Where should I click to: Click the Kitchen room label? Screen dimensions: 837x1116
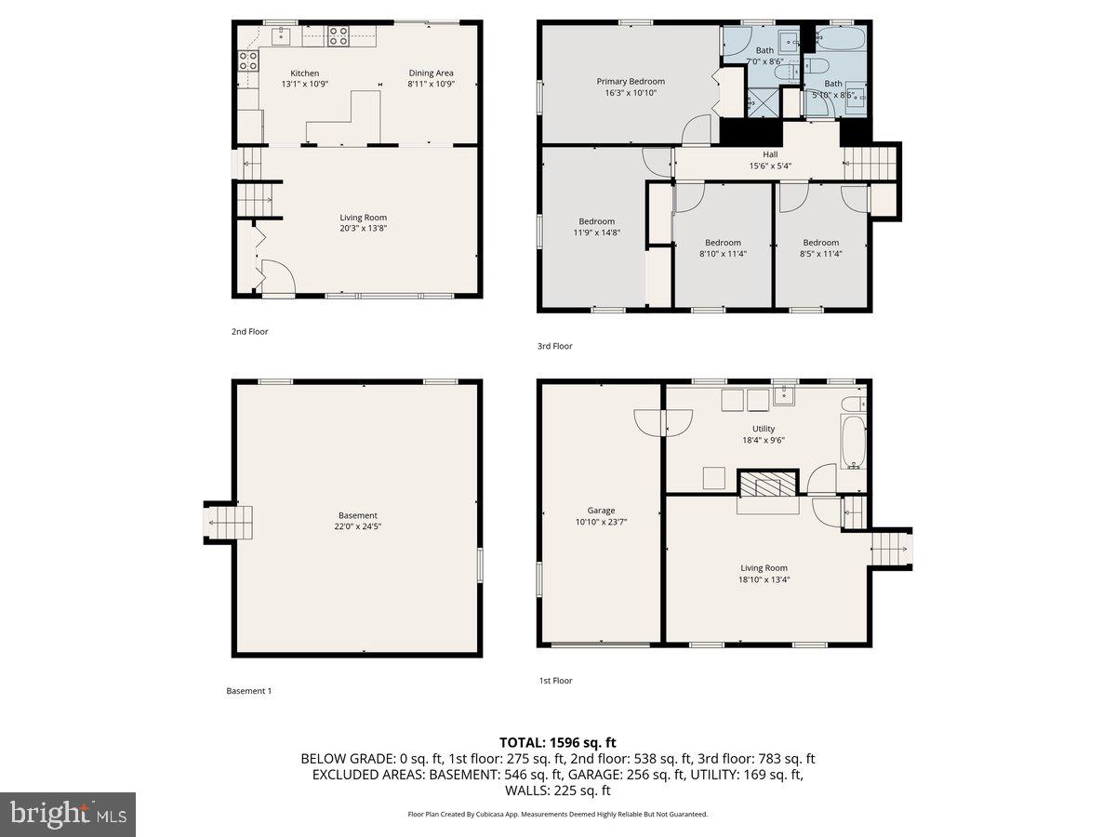[304, 73]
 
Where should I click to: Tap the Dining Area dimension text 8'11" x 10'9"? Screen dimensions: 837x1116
[431, 84]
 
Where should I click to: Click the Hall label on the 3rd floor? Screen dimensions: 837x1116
[770, 155]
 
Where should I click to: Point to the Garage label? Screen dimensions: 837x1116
[601, 511]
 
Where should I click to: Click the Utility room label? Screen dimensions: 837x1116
[764, 429]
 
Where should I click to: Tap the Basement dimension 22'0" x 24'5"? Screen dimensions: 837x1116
[358, 526]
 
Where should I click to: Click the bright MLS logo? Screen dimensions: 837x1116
[68, 815]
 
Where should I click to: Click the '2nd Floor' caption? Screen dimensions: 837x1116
[249, 331]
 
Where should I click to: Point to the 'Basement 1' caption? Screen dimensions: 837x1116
[248, 691]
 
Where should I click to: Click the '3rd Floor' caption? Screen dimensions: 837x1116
[555, 346]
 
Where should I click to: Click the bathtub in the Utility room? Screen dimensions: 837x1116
[853, 443]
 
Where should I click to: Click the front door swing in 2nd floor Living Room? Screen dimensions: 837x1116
[276, 276]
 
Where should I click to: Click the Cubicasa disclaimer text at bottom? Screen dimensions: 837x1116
[557, 814]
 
